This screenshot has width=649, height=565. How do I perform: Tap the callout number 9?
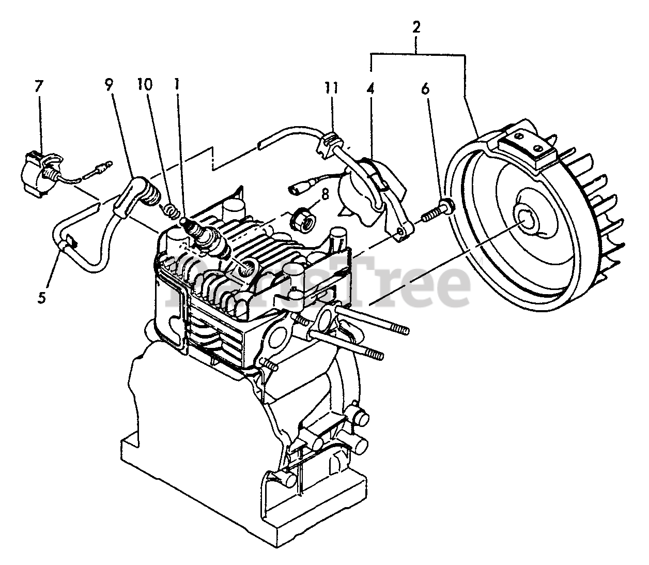(109, 86)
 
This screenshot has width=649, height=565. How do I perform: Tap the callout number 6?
(425, 89)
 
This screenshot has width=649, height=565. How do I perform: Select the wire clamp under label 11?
(327, 145)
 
